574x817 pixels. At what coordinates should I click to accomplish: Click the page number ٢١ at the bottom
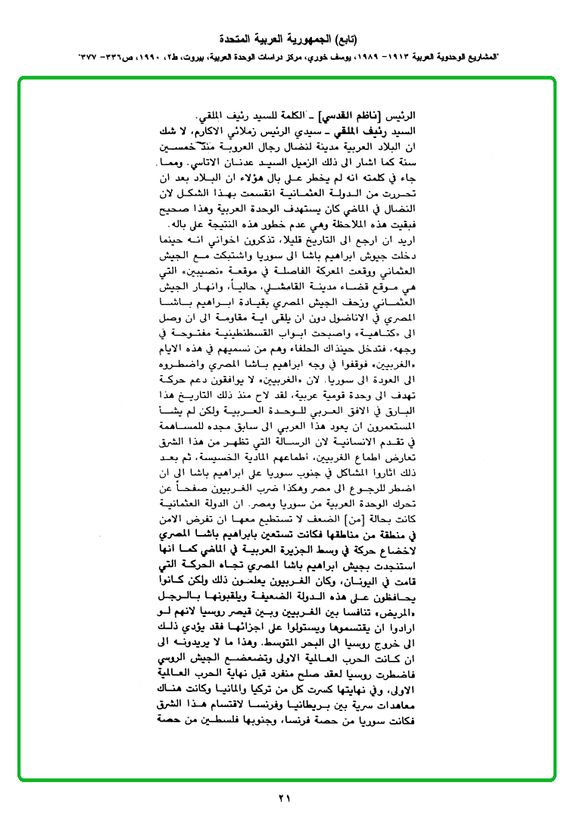(x=284, y=797)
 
